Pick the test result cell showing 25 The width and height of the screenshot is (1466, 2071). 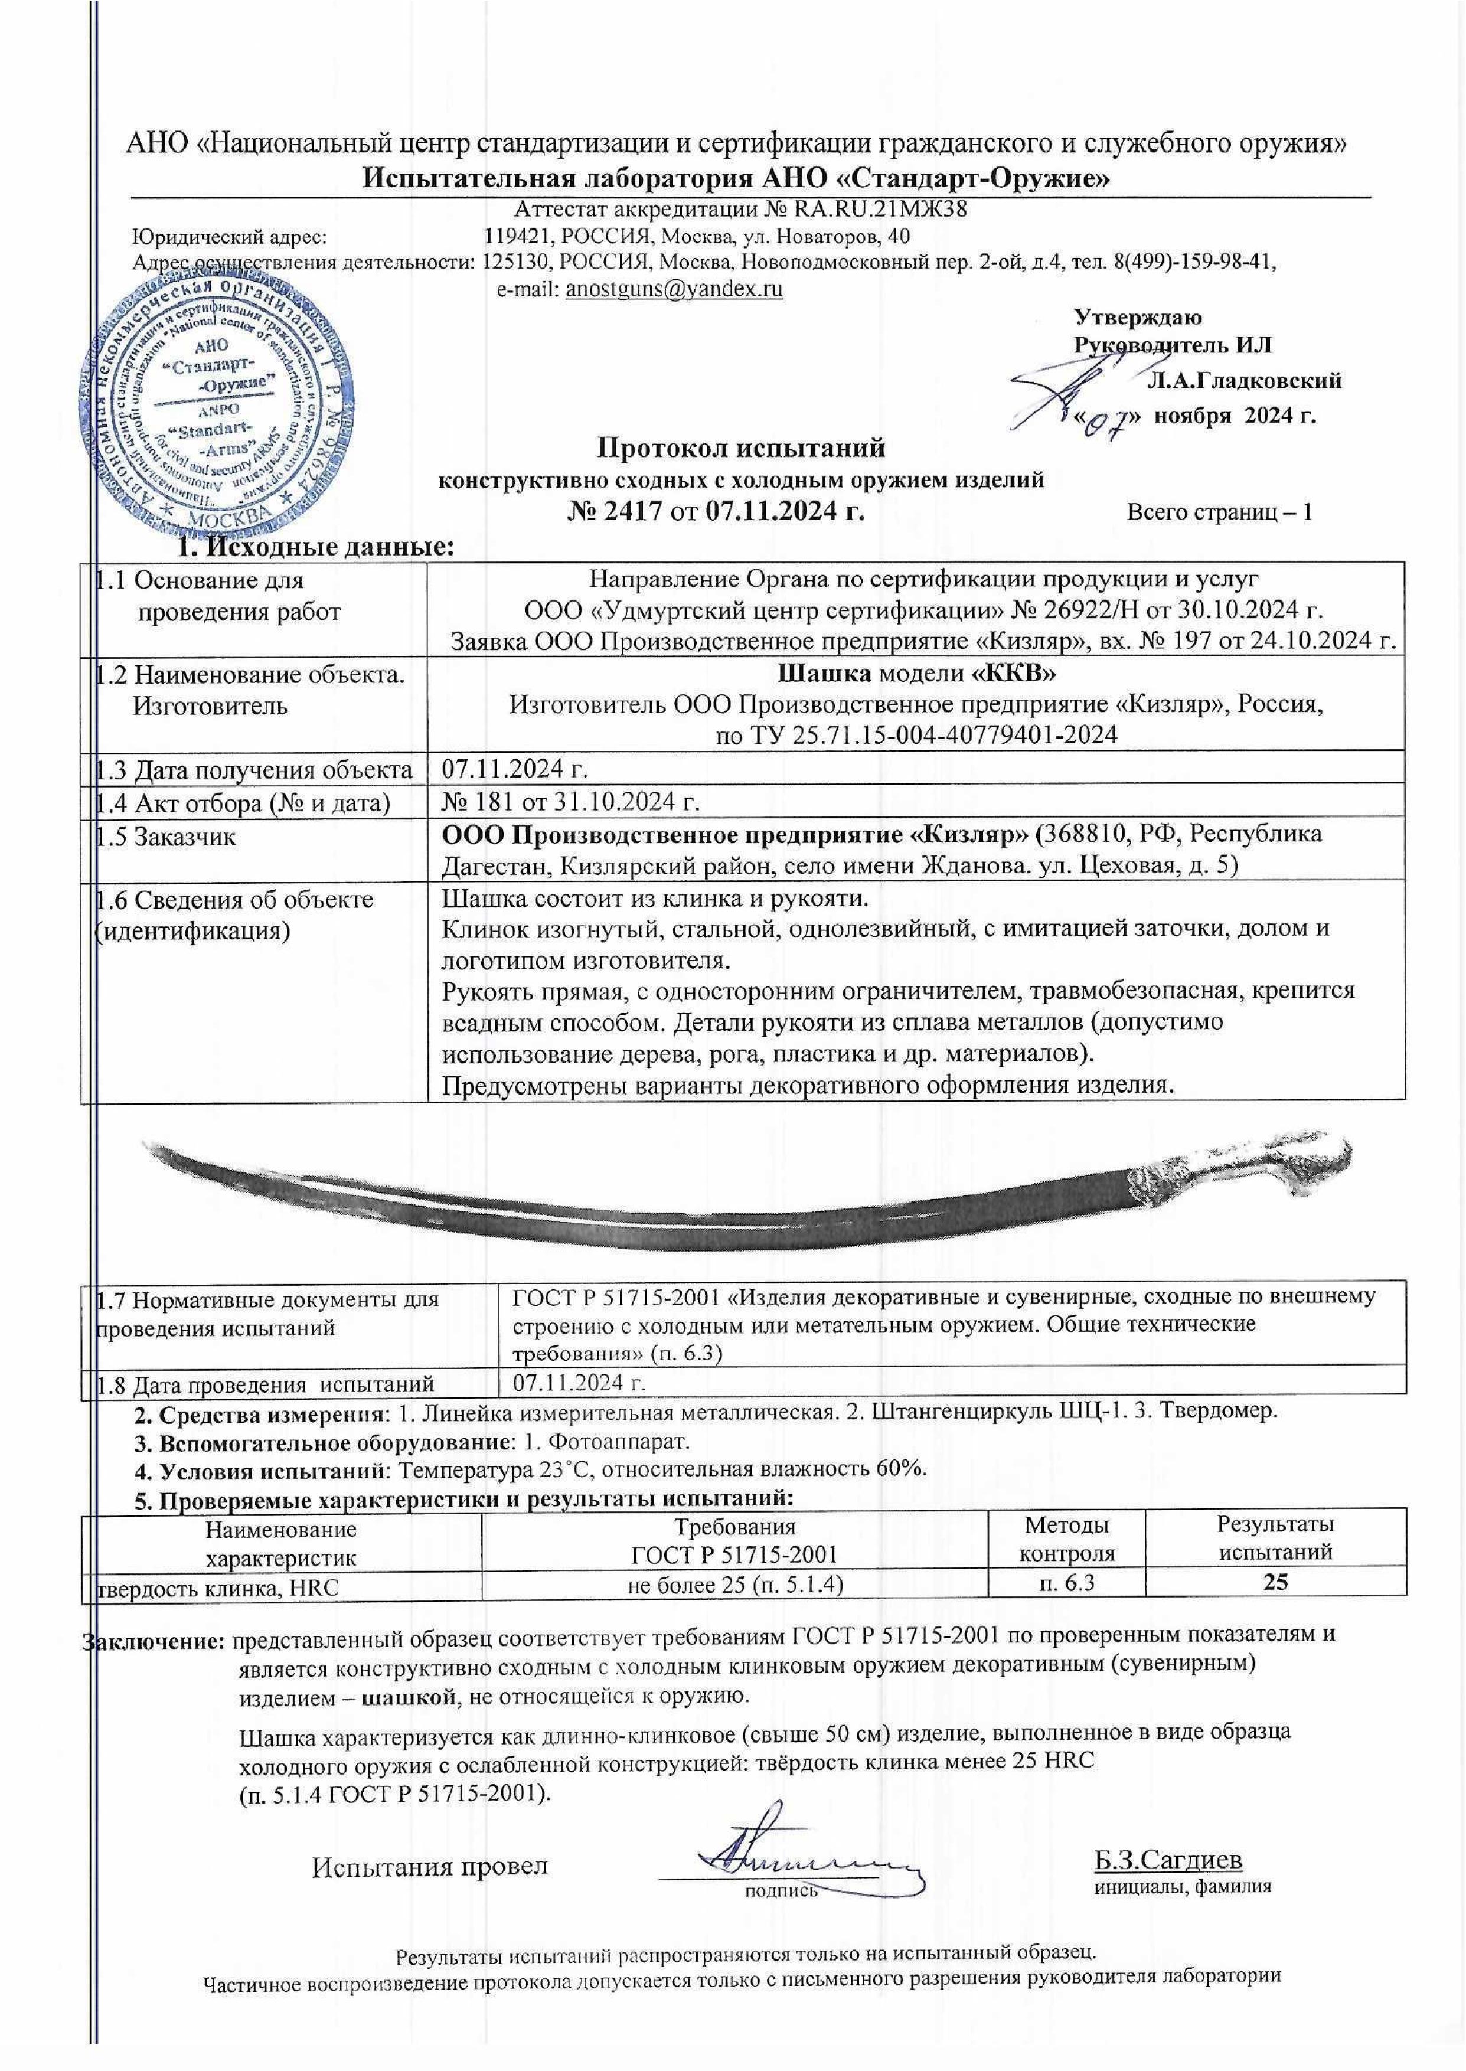pyautogui.click(x=1275, y=1583)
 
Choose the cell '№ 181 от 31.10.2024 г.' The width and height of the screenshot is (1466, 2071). pyautogui.click(x=570, y=801)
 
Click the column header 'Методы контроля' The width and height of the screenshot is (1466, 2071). pyautogui.click(x=1066, y=1538)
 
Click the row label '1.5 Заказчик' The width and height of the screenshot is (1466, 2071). pyautogui.click(x=167, y=835)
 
